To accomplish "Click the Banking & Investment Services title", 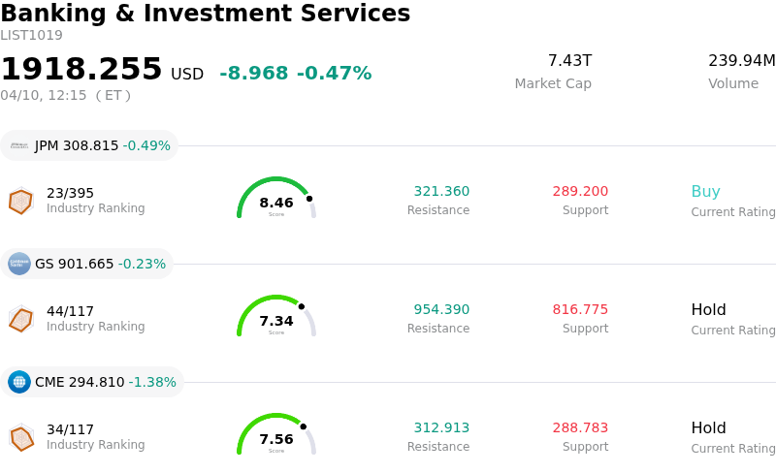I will [205, 14].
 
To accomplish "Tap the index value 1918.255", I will [81, 70].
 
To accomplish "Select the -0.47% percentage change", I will [334, 74].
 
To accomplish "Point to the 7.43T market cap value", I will [569, 61].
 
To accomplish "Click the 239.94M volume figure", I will [741, 61].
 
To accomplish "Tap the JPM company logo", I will [19, 145].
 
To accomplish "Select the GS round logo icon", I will [19, 264].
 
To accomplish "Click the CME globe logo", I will [19, 382].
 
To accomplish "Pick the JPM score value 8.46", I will [276, 203].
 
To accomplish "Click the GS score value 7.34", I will [276, 321].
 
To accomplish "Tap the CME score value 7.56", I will [276, 439].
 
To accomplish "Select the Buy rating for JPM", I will [705, 192].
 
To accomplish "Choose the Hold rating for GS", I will [708, 310].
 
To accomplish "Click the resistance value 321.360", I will [441, 192].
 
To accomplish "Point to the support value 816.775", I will [580, 310].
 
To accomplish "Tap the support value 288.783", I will [580, 428].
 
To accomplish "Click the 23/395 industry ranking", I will [70, 193].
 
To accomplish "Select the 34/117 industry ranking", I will [70, 429].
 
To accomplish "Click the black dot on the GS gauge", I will [301, 306].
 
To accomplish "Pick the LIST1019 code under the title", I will [31, 36].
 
